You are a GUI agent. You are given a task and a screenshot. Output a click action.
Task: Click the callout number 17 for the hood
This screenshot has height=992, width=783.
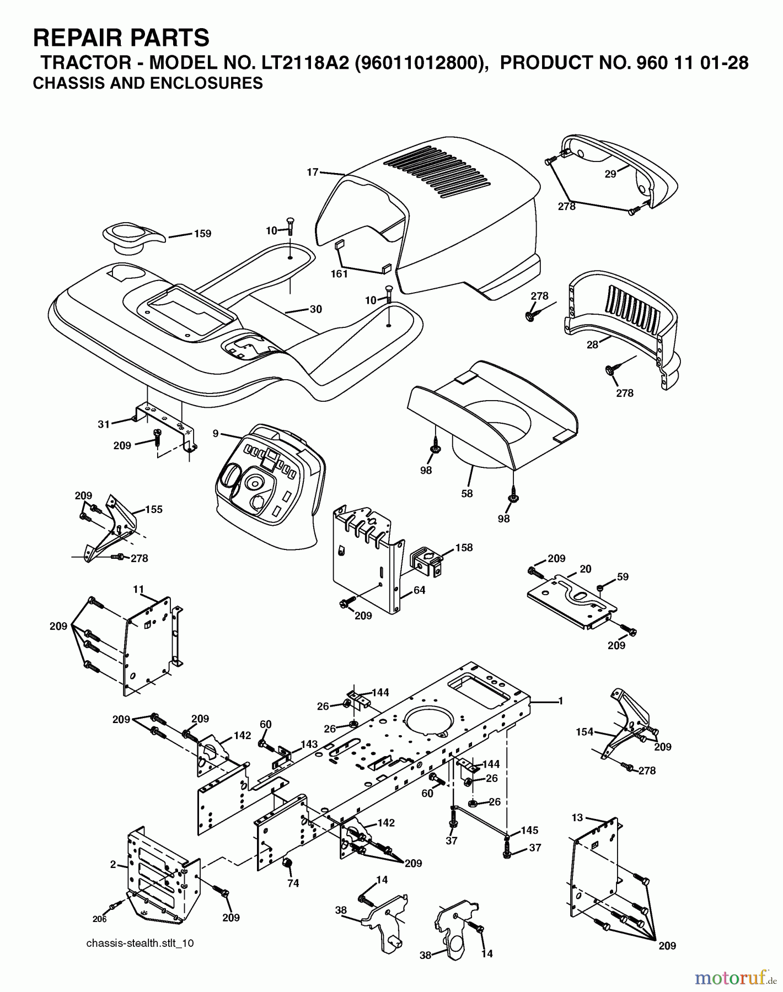tap(313, 172)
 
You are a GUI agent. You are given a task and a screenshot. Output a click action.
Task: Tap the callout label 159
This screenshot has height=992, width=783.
tap(203, 234)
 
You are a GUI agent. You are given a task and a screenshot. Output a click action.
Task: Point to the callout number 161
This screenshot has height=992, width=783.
tap(339, 274)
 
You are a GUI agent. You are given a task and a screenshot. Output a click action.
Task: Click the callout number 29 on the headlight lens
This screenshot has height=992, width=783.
tap(610, 174)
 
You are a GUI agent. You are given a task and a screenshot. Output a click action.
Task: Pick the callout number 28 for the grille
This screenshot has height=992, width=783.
tap(593, 345)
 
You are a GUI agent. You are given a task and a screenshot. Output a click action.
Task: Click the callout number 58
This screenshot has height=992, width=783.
tap(467, 493)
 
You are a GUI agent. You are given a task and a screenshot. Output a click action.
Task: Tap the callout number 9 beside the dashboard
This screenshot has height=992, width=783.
tap(216, 434)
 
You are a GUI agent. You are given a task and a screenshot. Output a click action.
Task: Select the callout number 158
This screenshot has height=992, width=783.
tap(464, 548)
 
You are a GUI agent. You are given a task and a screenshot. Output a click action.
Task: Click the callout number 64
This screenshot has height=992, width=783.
tap(419, 590)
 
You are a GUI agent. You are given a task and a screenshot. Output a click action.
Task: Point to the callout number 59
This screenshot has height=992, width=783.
tap(623, 577)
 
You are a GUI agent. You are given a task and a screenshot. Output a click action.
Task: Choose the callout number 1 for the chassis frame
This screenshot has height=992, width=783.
tap(561, 701)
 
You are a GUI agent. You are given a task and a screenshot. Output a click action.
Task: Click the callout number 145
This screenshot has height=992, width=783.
tap(529, 830)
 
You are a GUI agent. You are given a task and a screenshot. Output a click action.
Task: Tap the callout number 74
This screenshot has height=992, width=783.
tap(293, 883)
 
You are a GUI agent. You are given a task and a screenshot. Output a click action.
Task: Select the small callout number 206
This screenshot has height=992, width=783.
tap(99, 919)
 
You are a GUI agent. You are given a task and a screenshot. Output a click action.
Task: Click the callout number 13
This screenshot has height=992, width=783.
tap(577, 817)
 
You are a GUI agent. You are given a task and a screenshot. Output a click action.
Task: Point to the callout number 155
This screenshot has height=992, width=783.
tap(154, 509)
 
